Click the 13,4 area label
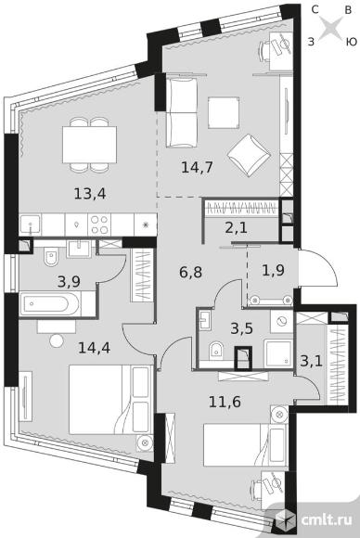click(90, 194)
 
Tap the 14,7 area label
click(197, 168)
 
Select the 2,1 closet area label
click(237, 227)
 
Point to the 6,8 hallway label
click(190, 273)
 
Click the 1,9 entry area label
click(273, 270)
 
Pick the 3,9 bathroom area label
click(69, 282)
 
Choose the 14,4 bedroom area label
click(94, 348)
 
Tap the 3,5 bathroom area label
click(241, 328)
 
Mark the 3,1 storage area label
click(311, 361)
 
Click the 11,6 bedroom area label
click(225, 401)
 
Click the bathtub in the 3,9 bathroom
click(50, 304)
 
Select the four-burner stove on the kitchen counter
click(99, 224)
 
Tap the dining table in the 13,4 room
click(90, 145)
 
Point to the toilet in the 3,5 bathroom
click(215, 350)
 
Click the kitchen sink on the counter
click(31, 224)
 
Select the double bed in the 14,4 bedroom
click(110, 400)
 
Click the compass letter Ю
click(351, 43)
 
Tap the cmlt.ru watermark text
click(327, 520)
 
